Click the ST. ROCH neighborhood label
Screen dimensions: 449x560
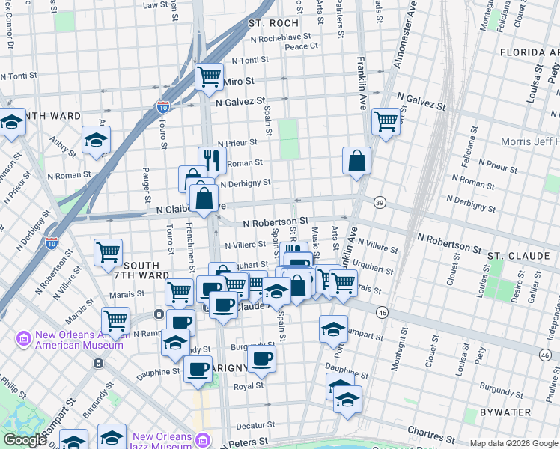pos(274,24)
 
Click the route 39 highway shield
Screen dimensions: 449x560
pos(380,203)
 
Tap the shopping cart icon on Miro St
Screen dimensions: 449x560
pos(210,76)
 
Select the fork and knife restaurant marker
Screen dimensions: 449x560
pos(212,160)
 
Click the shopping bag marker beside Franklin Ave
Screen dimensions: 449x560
pos(357,161)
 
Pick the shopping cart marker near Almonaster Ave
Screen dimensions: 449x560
pos(386,120)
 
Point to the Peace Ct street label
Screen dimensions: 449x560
pos(302,46)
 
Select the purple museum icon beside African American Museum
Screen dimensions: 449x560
pos(23,339)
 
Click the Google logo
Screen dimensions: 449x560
pos(25,440)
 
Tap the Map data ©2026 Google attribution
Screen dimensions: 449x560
pos(514,443)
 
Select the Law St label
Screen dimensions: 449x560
pos(155,5)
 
